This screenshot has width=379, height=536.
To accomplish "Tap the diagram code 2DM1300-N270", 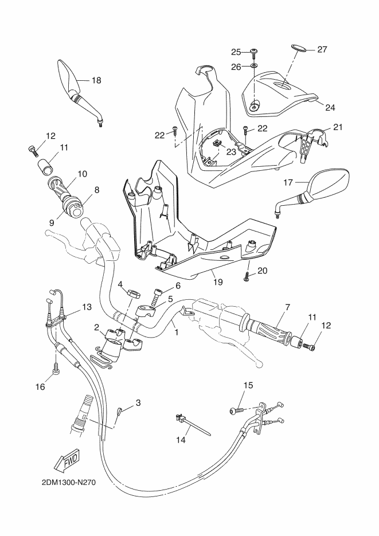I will click(68, 482).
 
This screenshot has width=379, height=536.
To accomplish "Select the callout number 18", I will click(96, 81).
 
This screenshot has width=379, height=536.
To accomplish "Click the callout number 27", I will click(322, 49).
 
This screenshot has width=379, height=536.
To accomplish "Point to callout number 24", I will click(330, 107).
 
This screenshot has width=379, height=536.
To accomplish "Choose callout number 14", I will click(181, 440).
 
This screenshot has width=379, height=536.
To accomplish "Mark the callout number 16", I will click(40, 387).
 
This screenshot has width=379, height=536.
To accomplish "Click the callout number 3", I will click(138, 403).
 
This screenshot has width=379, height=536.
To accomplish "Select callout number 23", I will click(230, 152).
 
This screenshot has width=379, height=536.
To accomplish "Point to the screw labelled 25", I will click(253, 53).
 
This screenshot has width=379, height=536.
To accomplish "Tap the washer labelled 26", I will click(253, 67).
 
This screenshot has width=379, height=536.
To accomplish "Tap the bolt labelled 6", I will click(157, 298).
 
